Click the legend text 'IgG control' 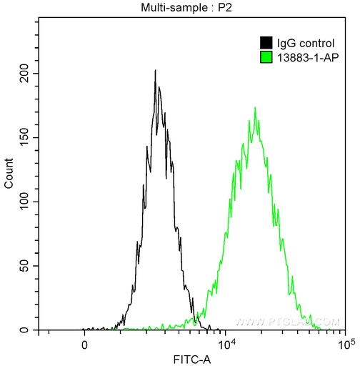pyautogui.click(x=300, y=42)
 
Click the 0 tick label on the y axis pyautogui.click(x=31, y=330)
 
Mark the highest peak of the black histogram pyautogui.click(x=155, y=71)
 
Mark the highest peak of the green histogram pyautogui.click(x=255, y=108)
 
